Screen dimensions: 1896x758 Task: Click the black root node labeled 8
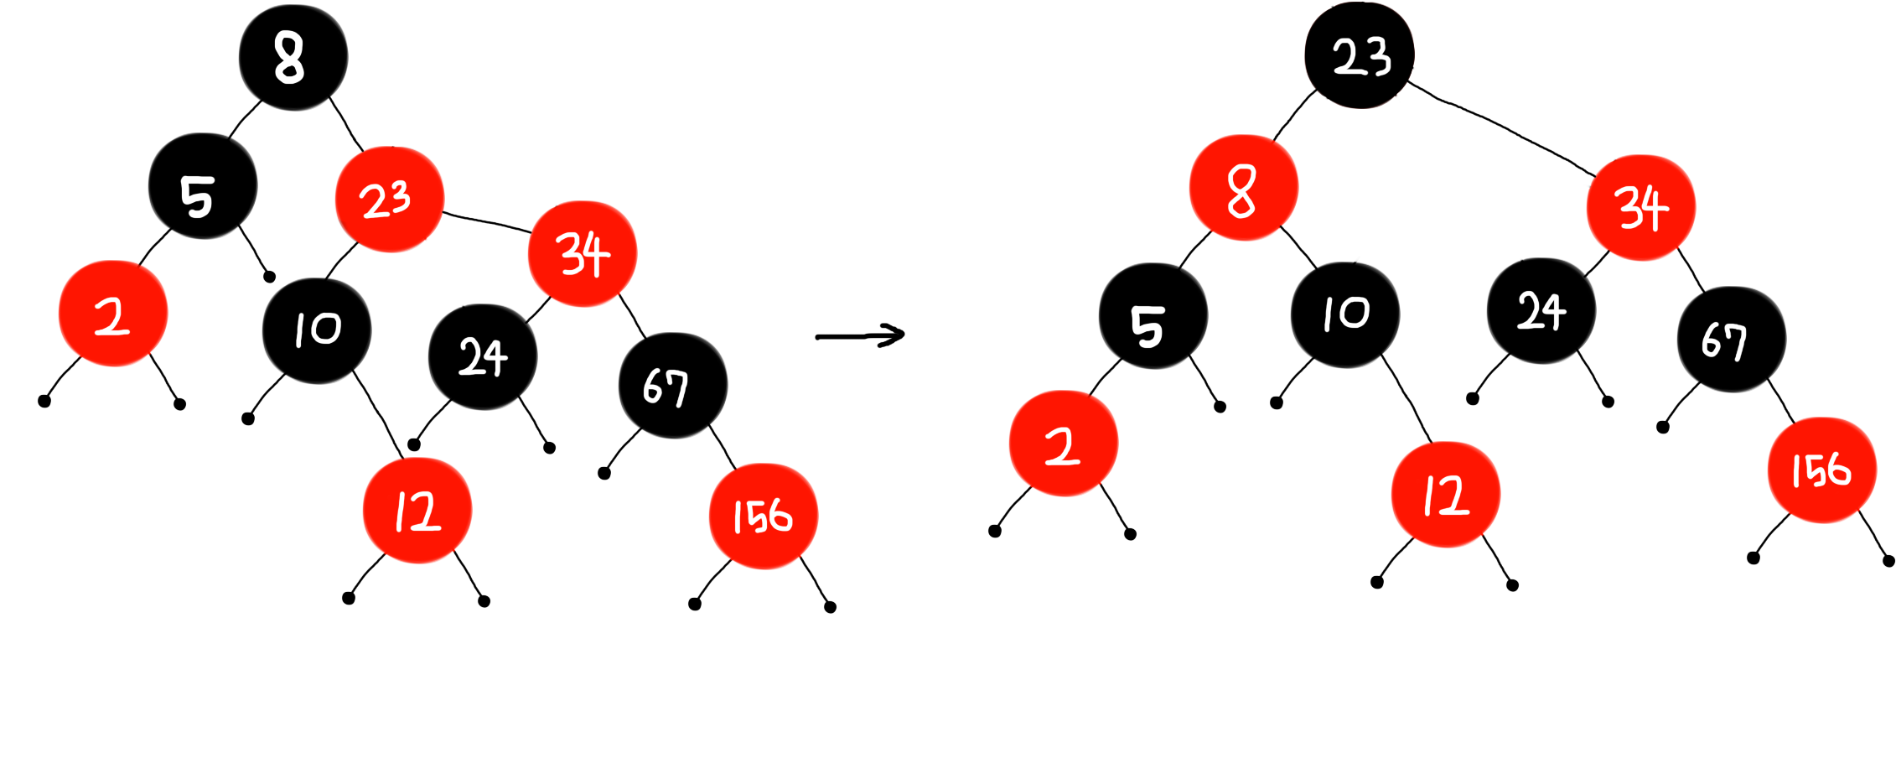coord(293,57)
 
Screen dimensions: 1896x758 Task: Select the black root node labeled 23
coord(1360,55)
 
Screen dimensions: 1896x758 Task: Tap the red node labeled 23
coord(389,200)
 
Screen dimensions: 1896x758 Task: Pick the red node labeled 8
coord(1243,188)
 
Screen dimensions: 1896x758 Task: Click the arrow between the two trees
coord(860,336)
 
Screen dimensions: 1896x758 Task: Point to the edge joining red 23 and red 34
coord(486,221)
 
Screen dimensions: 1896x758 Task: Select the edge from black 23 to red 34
coord(1500,127)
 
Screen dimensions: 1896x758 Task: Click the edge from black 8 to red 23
coord(345,123)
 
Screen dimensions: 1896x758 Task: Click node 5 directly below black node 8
coord(202,186)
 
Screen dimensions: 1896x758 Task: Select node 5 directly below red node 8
coord(1153,316)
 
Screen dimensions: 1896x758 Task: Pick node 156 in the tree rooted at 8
coord(763,516)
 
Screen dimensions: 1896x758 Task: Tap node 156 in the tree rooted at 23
coord(1821,470)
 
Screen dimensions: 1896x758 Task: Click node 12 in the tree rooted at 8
coord(417,511)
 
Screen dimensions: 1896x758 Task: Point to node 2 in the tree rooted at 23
coord(1063,444)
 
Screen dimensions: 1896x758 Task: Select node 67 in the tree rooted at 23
coord(1731,339)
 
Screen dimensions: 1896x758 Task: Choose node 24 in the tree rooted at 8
coord(482,357)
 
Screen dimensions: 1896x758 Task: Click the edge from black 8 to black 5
coord(243,120)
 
